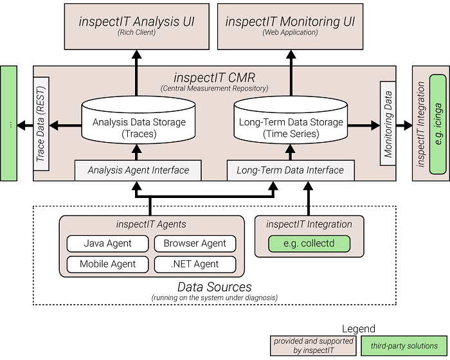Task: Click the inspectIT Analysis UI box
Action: [x=136, y=25]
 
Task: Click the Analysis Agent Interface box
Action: [x=138, y=170]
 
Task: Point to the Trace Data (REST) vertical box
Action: [x=40, y=124]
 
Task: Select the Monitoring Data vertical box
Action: [x=388, y=114]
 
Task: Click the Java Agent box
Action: [x=107, y=244]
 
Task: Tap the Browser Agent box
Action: [x=195, y=244]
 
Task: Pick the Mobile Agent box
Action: [x=107, y=264]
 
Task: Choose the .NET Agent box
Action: [x=195, y=264]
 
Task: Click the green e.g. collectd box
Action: [x=309, y=244]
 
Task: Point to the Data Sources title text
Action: [x=214, y=287]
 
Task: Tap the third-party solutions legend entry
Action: [x=404, y=346]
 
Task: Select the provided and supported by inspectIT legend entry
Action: [x=312, y=346]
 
